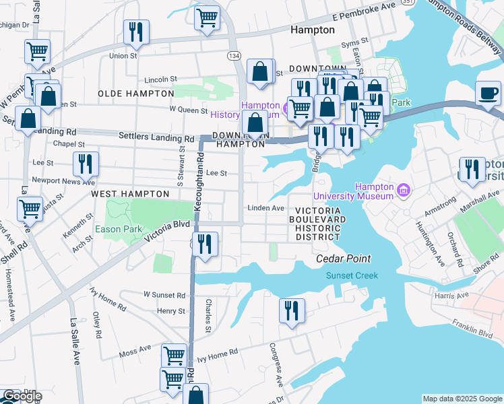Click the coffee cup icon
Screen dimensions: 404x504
coord(488,94)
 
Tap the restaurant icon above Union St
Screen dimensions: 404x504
coord(136,32)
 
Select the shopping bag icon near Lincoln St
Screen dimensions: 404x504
coord(259,71)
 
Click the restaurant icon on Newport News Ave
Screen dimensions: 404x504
coord(86,164)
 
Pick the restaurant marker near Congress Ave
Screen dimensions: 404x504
coord(292,310)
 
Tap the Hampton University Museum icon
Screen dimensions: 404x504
coord(404,191)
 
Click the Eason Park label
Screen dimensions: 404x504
coord(118,230)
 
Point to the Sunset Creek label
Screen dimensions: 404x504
coord(352,275)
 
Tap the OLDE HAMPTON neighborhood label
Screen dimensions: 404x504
coord(135,94)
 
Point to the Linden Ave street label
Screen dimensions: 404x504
coord(265,208)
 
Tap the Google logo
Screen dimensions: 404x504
coord(22,396)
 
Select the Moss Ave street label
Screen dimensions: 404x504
coord(135,349)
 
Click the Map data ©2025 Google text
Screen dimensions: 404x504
coord(462,399)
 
